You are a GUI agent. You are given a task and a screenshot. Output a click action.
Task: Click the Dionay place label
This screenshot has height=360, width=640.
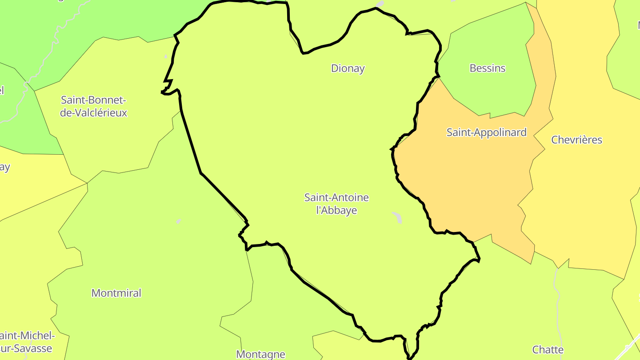click(x=348, y=68)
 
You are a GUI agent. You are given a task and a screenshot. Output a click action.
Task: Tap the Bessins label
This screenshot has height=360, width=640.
click(x=488, y=68)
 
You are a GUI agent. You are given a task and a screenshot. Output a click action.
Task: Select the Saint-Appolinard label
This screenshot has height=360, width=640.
click(x=486, y=132)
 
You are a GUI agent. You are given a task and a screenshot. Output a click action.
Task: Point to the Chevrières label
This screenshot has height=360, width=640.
click(x=576, y=140)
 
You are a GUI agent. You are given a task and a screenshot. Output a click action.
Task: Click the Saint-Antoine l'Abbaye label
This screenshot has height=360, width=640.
click(x=336, y=204)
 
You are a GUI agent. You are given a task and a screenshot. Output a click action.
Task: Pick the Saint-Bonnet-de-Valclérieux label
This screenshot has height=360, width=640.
click(x=94, y=106)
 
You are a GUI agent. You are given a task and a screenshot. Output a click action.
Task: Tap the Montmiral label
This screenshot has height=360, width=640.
click(x=116, y=293)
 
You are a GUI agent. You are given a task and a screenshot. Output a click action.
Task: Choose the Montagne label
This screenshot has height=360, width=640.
click(x=260, y=354)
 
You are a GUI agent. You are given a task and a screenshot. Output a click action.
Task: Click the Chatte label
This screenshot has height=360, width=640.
click(x=548, y=350)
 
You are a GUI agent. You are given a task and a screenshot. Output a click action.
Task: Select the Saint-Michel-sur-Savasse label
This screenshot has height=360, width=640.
click(x=27, y=342)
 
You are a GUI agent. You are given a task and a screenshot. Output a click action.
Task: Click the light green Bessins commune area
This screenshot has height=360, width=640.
click(x=489, y=93)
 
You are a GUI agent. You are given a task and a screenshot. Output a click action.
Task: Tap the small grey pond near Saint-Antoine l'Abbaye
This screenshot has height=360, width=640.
click(x=397, y=217)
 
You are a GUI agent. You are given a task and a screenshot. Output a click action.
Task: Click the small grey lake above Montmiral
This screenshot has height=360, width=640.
click(x=178, y=221)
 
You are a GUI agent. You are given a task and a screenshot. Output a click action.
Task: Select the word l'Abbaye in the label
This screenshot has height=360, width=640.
click(x=336, y=210)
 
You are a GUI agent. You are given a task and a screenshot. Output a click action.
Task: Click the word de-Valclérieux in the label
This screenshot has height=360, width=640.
click(x=94, y=113)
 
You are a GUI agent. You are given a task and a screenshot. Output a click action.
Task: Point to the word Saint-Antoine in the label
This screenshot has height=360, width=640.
click(x=336, y=197)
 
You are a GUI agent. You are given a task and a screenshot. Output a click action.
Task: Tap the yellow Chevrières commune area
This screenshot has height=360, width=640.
click(x=582, y=200)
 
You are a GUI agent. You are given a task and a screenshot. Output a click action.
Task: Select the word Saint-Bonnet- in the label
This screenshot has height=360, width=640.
click(x=94, y=100)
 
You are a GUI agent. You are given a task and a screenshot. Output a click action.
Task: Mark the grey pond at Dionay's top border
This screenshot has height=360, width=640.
click(x=380, y=4)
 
